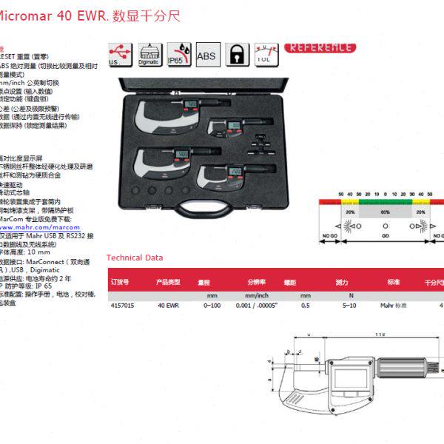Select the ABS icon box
pos(208,53)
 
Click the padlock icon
pos(237,54)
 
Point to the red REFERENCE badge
pos(320,47)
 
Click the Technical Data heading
pos(135,258)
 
